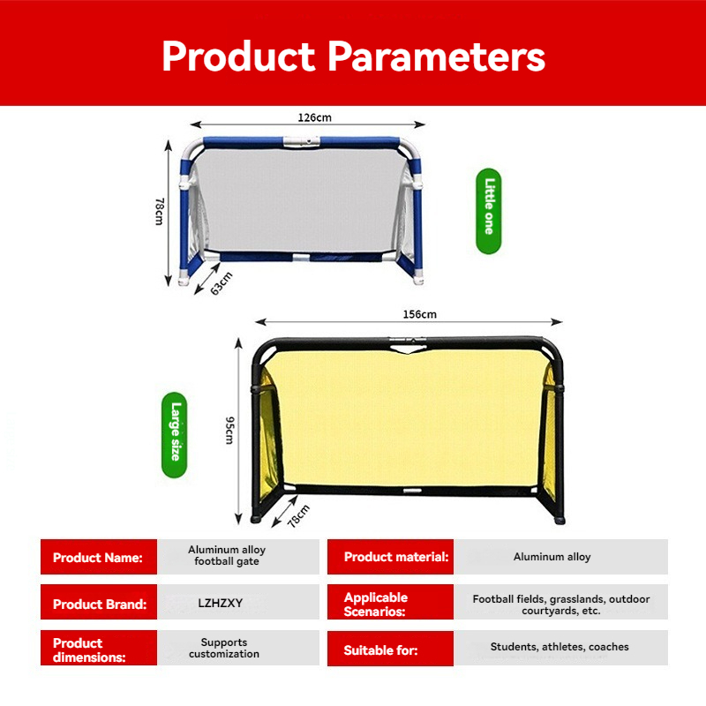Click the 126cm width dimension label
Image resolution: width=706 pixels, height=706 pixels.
(x=314, y=117)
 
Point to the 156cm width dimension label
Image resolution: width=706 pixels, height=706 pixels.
(x=420, y=314)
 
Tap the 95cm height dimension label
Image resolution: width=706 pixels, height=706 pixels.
(x=229, y=431)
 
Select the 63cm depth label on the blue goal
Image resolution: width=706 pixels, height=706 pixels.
(x=222, y=283)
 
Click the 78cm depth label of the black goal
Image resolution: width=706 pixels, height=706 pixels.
(x=298, y=516)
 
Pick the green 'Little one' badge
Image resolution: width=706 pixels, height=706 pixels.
(x=489, y=211)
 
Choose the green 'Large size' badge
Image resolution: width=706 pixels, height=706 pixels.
(x=174, y=435)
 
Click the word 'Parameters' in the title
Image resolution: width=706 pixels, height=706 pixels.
(x=436, y=56)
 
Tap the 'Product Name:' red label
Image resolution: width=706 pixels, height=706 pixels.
(x=99, y=557)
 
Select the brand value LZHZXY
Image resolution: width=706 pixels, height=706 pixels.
(x=220, y=603)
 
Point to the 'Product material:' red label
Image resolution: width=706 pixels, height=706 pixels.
(x=390, y=557)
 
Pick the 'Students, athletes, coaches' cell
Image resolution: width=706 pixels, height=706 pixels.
(x=560, y=647)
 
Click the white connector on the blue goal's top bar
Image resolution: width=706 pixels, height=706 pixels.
(x=301, y=141)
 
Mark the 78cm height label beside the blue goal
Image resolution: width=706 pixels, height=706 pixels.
(x=160, y=211)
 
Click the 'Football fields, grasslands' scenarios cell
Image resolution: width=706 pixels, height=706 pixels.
(x=560, y=605)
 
